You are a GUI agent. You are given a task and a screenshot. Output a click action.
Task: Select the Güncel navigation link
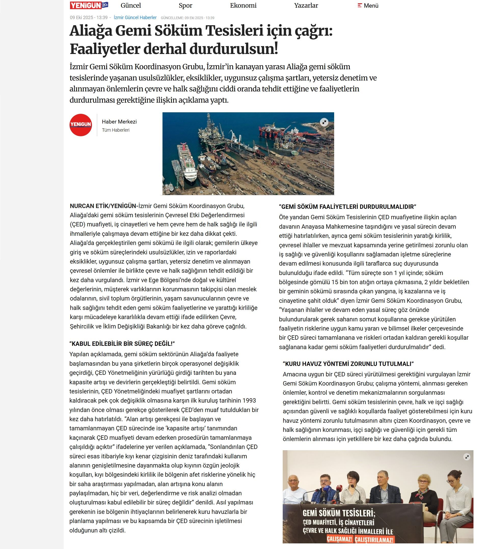[131, 6]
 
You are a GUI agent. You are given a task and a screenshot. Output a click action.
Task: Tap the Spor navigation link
[185, 6]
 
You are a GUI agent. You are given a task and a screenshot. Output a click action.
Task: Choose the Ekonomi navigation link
[243, 6]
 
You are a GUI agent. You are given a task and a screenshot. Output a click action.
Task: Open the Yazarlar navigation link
[306, 6]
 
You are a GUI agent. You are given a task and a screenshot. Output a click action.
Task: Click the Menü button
[368, 6]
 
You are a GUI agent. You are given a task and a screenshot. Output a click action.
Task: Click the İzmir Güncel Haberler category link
[135, 18]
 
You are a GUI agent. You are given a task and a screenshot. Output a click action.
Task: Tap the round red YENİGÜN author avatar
[80, 125]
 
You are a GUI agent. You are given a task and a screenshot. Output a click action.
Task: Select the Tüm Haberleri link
[116, 130]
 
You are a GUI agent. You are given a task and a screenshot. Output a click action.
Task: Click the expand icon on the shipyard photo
[324, 122]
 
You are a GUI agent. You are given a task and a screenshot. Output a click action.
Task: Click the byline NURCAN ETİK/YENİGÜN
[104, 206]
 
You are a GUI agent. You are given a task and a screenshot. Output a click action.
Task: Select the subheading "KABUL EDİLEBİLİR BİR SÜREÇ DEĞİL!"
[122, 344]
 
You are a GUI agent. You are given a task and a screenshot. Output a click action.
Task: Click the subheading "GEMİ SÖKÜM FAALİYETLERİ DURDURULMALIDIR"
[347, 207]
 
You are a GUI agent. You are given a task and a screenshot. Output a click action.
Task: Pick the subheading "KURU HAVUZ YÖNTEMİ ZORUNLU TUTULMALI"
[348, 364]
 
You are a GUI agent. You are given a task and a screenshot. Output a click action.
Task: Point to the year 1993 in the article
[249, 401]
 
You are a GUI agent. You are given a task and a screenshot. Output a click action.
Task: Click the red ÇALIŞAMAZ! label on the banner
[339, 539]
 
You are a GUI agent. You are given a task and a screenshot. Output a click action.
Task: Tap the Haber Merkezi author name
[119, 122]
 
